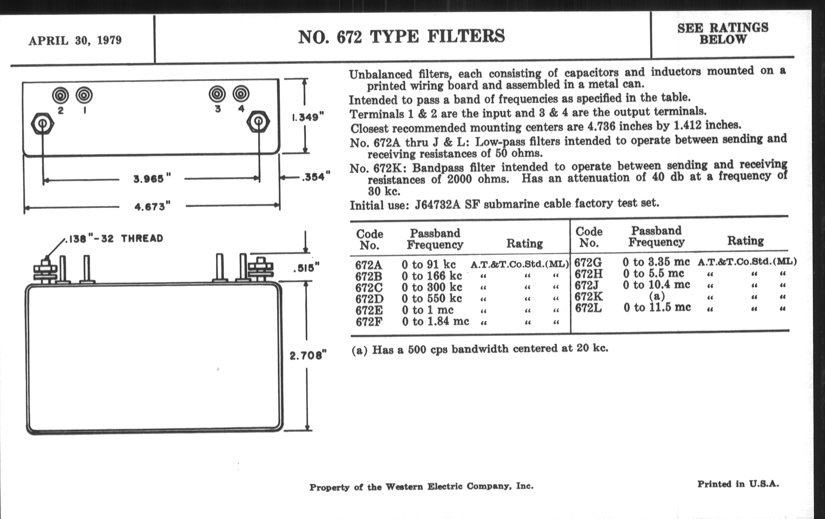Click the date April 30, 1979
pos(75,40)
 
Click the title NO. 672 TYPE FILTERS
pos(402,37)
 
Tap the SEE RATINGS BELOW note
pos(723,34)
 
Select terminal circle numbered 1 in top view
pos(84,95)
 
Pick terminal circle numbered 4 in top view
pos(241,94)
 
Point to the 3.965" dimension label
pos(152,179)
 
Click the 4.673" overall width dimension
pos(152,207)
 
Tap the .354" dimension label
pos(316,177)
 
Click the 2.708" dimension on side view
pos(308,355)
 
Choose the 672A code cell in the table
pos(369,265)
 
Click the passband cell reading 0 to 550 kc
pos(432,299)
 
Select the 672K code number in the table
pos(589,296)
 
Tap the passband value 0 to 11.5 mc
pos(657,307)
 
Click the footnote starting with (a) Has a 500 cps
pos(480,349)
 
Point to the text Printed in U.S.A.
pos(738,484)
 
